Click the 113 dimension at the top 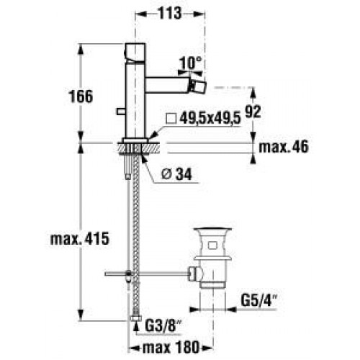click(170, 13)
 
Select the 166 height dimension click(81, 96)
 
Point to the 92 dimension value click(253, 112)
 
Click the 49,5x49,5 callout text click(210, 119)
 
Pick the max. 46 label click(284, 147)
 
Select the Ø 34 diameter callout click(176, 174)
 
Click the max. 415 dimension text click(80, 239)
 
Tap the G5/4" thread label click(259, 300)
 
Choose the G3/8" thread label click(163, 325)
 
